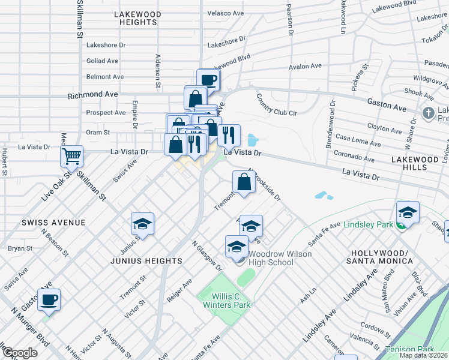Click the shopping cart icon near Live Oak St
click(x=71, y=156)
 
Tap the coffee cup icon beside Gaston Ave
click(x=49, y=299)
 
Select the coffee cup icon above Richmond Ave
click(x=208, y=79)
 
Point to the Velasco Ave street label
click(x=224, y=12)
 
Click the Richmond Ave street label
click(x=92, y=95)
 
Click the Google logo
click(x=19, y=353)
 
